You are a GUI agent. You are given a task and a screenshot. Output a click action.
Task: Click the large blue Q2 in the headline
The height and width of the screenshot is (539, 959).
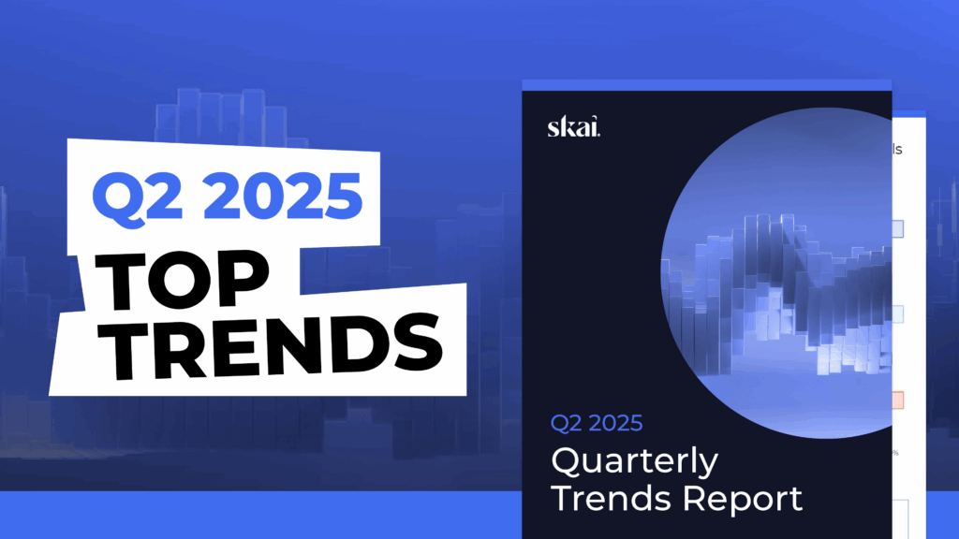coord(138,197)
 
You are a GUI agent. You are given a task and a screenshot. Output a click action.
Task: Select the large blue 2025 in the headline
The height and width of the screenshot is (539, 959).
coord(283,196)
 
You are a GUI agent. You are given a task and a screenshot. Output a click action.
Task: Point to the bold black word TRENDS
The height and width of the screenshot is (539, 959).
coord(272,344)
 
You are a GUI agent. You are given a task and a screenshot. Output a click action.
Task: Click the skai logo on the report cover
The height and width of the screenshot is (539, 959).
coord(574,126)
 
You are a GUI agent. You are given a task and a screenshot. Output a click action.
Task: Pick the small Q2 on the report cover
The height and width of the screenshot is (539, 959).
coord(563,424)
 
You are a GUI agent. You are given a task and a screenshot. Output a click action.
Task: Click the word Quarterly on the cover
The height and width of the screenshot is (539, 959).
coord(634,462)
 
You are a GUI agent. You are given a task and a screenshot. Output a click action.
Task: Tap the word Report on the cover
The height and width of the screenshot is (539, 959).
coord(743,500)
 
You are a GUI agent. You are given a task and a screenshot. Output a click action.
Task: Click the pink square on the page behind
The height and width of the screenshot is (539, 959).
coord(898,401)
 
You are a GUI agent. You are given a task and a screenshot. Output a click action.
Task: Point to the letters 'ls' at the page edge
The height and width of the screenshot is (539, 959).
coord(897,149)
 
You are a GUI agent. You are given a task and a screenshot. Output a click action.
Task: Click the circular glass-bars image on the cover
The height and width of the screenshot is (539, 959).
coord(776,272)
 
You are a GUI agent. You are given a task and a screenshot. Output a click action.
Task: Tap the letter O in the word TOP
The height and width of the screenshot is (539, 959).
coord(181,281)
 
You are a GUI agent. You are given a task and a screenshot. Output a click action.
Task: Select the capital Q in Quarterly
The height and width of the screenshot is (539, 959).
coord(566,460)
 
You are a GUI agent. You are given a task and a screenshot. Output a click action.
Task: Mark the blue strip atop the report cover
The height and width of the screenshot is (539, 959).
coord(706,85)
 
